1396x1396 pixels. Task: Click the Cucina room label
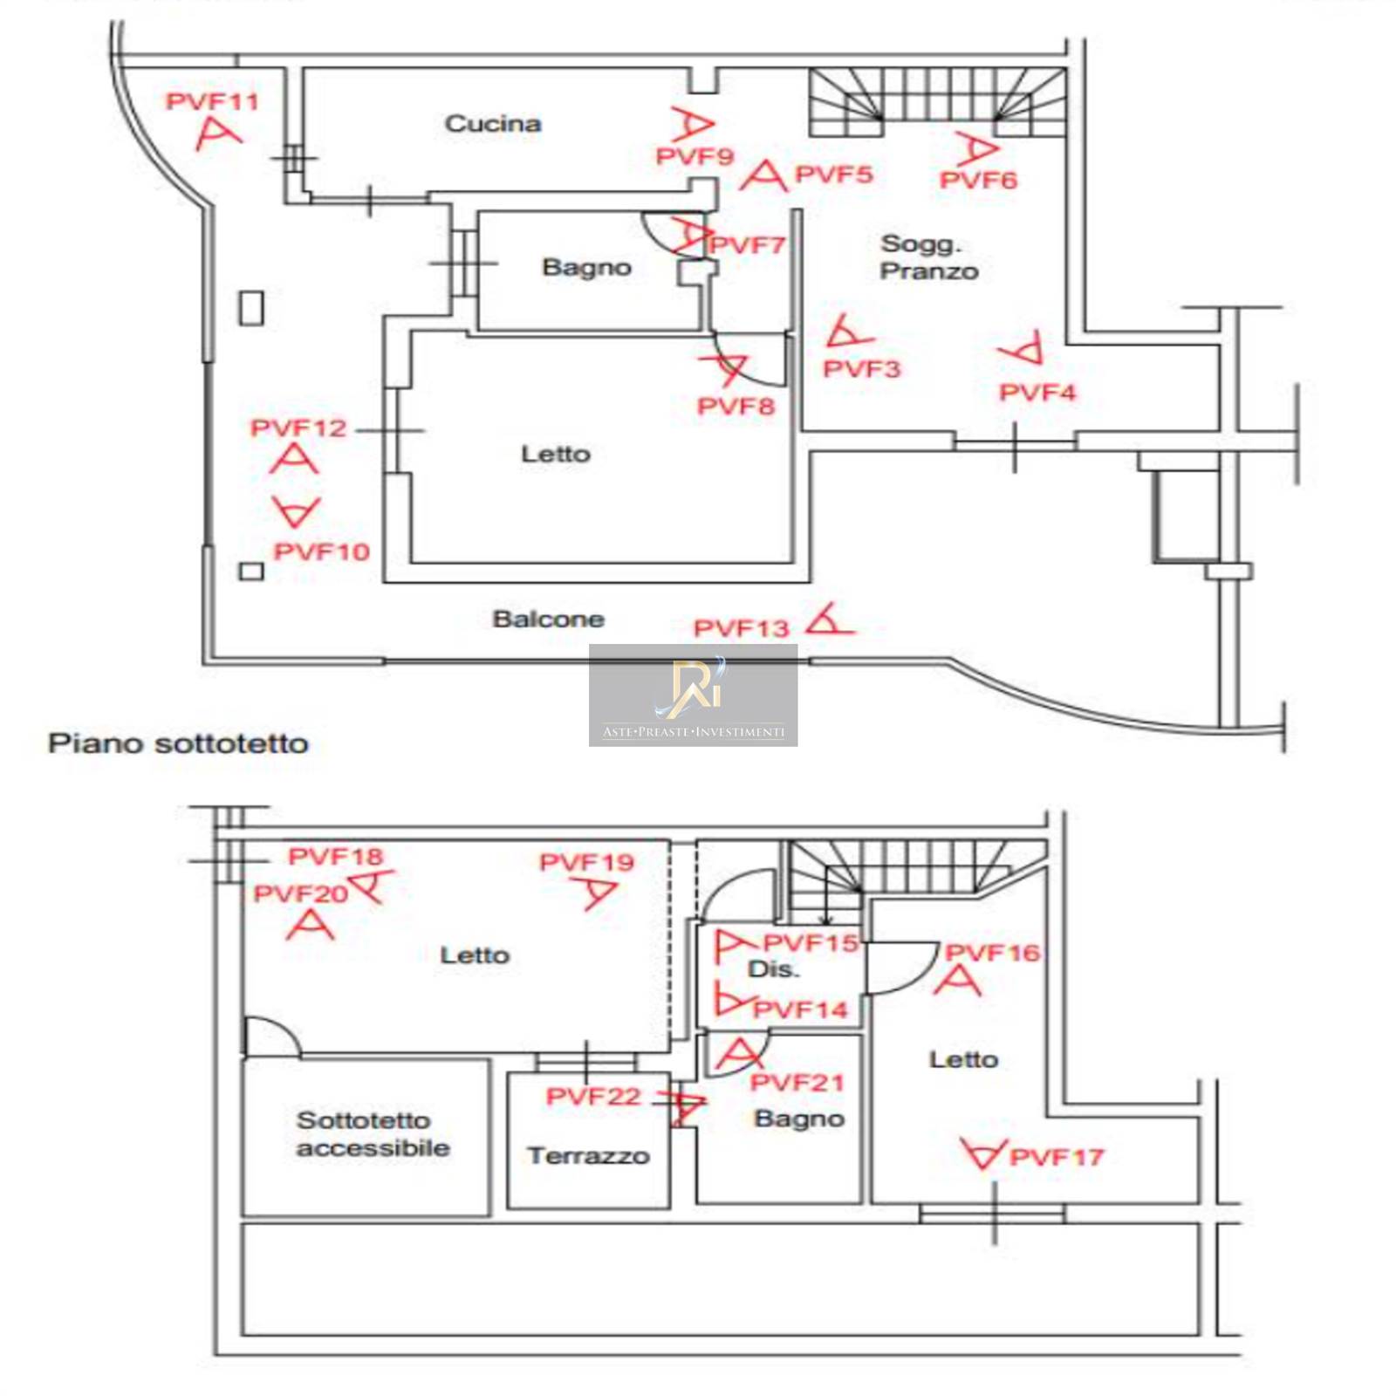coord(493,124)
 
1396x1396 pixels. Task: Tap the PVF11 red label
coord(213,101)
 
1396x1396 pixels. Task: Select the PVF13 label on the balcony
coord(741,628)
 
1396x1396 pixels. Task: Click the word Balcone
coord(548,619)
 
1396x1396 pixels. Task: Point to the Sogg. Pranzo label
coord(928,257)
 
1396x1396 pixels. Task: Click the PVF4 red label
coord(1037,393)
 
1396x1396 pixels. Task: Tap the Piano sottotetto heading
coord(179,743)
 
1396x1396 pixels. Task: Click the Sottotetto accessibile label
coord(373,1133)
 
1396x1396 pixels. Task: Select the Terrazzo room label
coord(588,1156)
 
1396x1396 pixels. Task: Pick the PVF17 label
coord(1057,1158)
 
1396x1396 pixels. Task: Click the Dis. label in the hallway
coord(773,969)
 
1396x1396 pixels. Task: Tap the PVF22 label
coord(593,1096)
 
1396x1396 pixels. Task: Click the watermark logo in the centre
coord(693,695)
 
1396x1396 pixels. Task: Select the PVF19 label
coord(586,862)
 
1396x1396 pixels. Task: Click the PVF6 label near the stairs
coord(978,181)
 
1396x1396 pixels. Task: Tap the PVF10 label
coord(322,551)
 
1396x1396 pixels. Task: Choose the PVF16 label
coord(993,952)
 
